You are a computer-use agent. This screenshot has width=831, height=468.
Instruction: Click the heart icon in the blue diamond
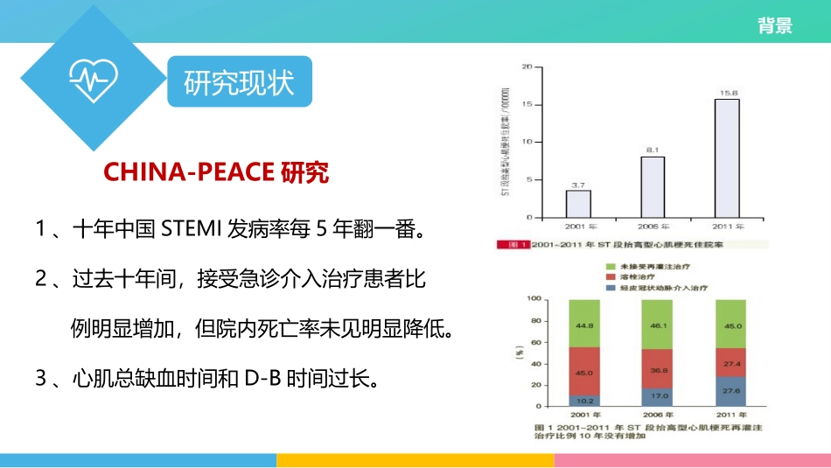91,80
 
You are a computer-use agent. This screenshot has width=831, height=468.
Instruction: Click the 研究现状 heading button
239,83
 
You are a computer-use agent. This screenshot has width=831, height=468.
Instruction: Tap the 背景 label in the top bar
775,25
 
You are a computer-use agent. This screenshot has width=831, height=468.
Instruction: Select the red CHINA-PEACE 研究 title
216,172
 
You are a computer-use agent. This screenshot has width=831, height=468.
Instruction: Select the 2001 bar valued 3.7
578,203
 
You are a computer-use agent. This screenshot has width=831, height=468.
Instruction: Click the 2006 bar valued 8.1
653,186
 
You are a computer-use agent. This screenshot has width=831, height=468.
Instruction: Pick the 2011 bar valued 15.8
727,157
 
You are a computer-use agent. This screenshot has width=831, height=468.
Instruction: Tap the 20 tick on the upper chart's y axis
527,66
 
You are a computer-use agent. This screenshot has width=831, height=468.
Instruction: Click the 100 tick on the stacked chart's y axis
532,299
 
